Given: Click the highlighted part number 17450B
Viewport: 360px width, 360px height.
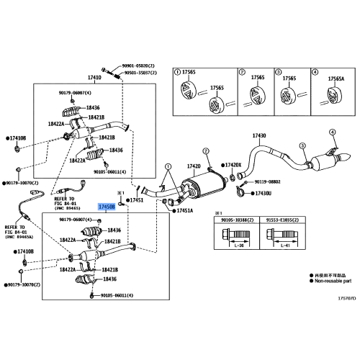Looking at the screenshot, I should click(x=107, y=205).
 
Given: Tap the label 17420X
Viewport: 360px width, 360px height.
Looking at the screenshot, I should click(x=233, y=166).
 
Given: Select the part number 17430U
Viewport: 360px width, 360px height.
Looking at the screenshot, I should click(x=263, y=194).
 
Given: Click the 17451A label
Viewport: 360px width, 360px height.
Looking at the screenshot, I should click(x=184, y=211).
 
